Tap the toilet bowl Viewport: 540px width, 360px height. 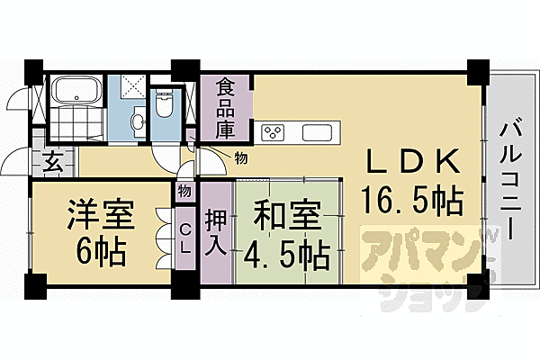pyautogui.click(x=164, y=104)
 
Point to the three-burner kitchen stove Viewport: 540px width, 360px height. pyautogui.click(x=273, y=134)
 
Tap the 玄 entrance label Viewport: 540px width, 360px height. pyautogui.click(x=52, y=165)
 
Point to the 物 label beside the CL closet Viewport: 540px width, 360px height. pyautogui.click(x=184, y=191)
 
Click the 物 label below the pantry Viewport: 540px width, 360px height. pyautogui.click(x=240, y=158)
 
